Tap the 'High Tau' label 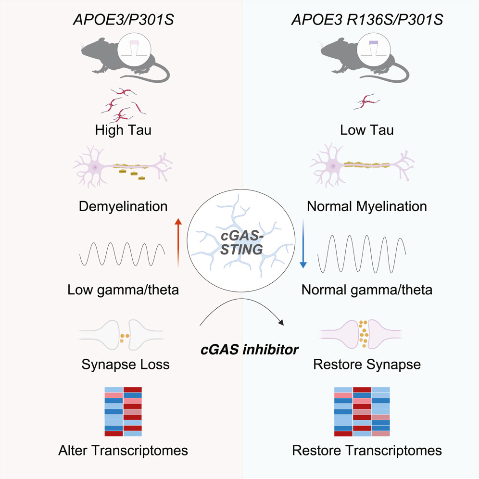coord(123,130)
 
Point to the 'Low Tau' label coord(366,130)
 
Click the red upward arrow coord(178,242)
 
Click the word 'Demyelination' coord(123,207)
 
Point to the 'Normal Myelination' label coord(366,207)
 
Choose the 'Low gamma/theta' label coord(123,290)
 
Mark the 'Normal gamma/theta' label coord(366,290)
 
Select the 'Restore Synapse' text coord(366,364)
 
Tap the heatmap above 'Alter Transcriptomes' coord(123,411)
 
